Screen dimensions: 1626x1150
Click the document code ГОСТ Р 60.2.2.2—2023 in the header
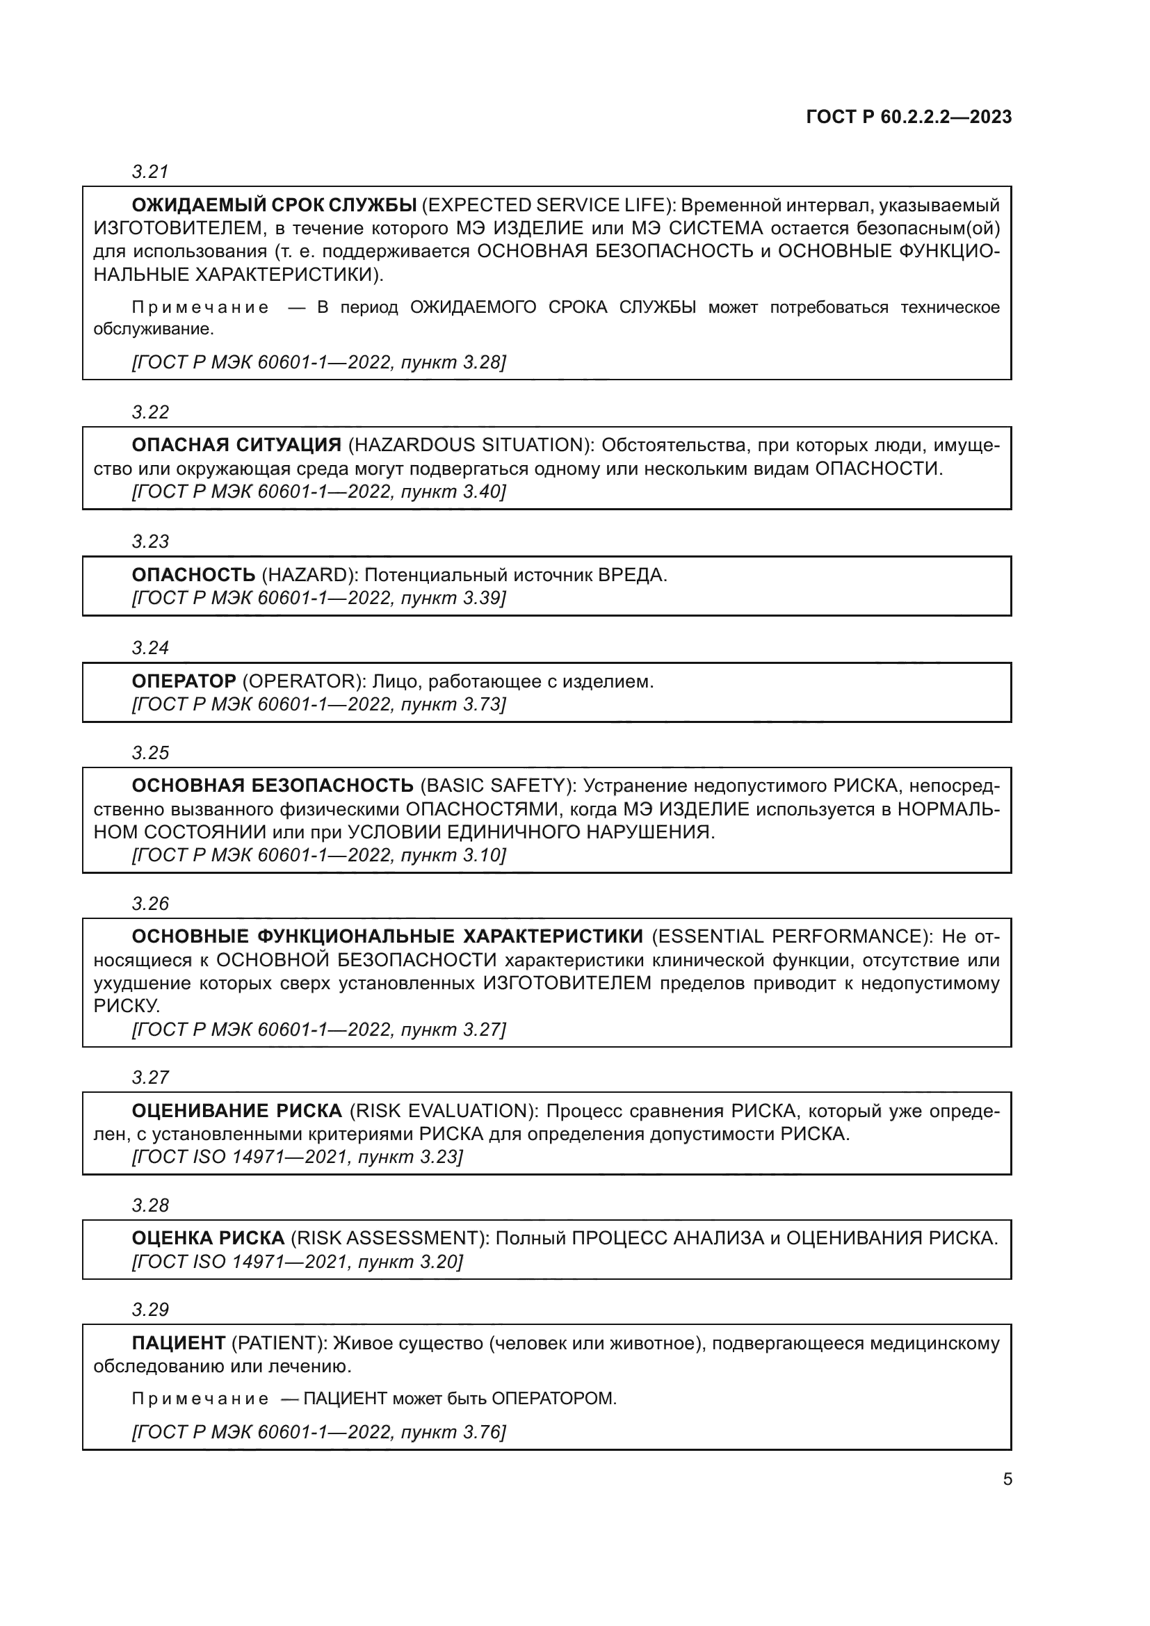click(x=909, y=117)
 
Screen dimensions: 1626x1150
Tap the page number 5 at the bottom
click(x=1007, y=1479)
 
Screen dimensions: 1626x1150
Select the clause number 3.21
click(x=150, y=172)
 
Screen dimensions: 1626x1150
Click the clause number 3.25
click(x=150, y=753)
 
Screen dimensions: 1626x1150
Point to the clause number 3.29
click(x=150, y=1310)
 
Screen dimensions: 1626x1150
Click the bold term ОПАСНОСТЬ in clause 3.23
click(x=193, y=575)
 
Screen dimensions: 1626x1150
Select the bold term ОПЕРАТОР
click(x=184, y=681)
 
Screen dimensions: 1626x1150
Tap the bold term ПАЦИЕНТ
click(x=179, y=1343)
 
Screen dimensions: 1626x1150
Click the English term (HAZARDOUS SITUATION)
click(x=471, y=446)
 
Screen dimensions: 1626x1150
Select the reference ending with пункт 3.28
click(x=318, y=363)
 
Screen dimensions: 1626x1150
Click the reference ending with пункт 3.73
click(x=318, y=704)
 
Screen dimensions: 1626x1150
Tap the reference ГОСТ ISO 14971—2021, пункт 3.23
click(x=298, y=1157)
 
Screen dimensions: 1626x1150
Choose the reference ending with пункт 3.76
click(x=318, y=1432)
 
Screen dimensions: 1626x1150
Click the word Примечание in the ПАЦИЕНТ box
click(x=200, y=1399)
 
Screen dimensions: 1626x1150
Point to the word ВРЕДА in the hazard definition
click(x=631, y=575)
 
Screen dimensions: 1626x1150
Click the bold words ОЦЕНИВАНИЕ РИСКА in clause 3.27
click(x=236, y=1110)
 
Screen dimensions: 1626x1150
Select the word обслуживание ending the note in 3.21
click(x=152, y=330)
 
